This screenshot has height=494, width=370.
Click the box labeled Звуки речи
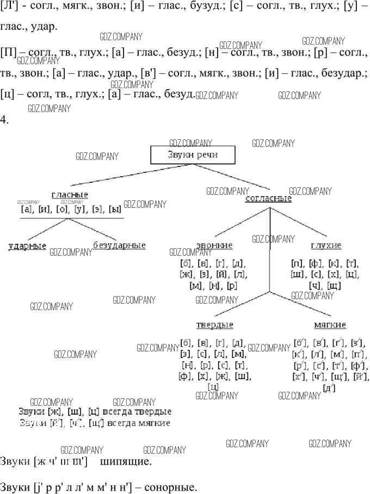pyautogui.click(x=193, y=155)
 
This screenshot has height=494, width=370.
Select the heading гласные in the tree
pyautogui.click(x=70, y=195)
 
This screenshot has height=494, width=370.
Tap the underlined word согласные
pyautogui.click(x=268, y=199)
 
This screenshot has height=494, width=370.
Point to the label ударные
pyautogui.click(x=27, y=246)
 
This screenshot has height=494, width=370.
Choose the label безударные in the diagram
pyautogui.click(x=119, y=245)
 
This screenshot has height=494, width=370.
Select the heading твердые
pyautogui.click(x=214, y=325)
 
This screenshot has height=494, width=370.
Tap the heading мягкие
pyautogui.click(x=330, y=325)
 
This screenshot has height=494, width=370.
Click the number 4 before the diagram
pyautogui.click(x=4, y=120)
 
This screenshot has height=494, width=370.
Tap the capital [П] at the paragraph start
pyautogui.click(x=8, y=53)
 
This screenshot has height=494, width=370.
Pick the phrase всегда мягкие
pyautogui.click(x=139, y=423)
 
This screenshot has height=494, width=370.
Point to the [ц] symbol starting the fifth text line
pyautogui.click(x=7, y=94)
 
